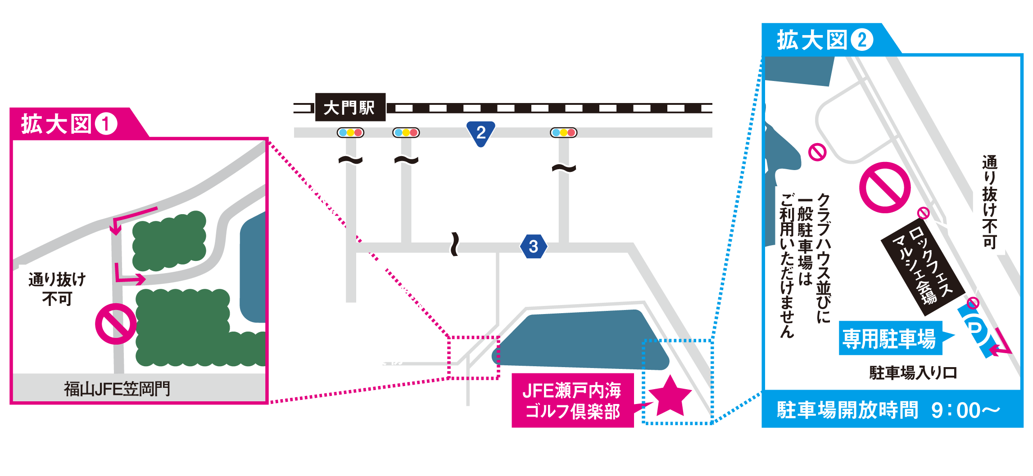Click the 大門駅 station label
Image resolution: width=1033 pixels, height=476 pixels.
[x=350, y=107]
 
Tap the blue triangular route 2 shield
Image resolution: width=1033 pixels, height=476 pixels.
[x=481, y=133]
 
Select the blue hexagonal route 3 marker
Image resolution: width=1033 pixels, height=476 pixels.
[x=534, y=246]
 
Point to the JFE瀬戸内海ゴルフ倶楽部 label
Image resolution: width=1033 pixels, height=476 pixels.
[x=573, y=400]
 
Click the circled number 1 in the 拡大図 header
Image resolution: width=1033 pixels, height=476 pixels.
[x=106, y=124]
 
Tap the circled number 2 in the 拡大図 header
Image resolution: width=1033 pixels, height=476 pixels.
[x=862, y=40]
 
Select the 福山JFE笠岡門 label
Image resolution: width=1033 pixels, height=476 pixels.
[x=117, y=389]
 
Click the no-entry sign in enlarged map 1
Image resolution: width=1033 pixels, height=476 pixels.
[x=116, y=324]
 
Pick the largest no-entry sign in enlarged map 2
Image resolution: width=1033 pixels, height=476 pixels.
[x=885, y=188]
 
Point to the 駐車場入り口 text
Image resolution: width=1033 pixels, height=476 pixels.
[x=913, y=373]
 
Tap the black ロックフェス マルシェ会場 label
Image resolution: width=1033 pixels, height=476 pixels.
[x=923, y=266]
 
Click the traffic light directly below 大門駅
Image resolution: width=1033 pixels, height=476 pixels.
[x=350, y=133]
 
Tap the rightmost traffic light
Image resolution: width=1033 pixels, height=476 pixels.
[x=564, y=133]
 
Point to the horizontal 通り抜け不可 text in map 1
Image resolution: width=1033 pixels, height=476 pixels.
[x=57, y=289]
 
